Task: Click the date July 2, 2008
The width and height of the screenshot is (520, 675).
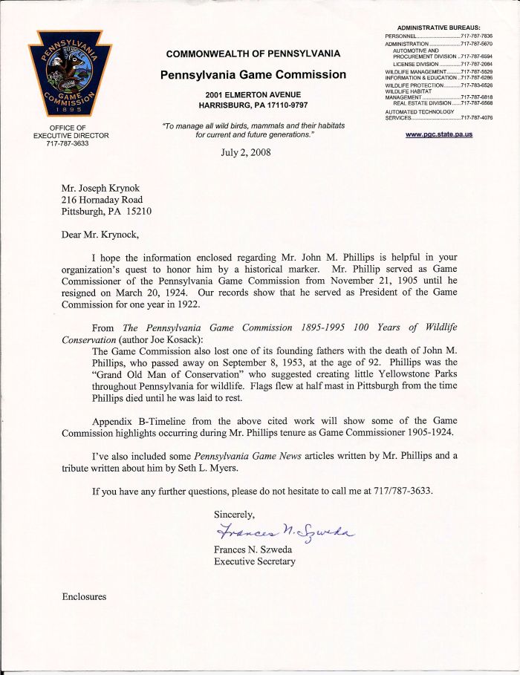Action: point(246,153)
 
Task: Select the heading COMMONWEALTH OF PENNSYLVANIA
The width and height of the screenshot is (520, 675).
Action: point(253,54)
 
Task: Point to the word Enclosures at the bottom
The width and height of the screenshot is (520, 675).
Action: point(84,596)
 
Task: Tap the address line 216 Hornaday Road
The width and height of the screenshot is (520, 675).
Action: point(102,199)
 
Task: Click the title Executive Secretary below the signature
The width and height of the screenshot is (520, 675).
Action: point(254,561)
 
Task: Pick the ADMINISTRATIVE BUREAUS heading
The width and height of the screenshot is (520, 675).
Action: point(439,27)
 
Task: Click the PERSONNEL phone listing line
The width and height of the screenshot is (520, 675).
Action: point(438,36)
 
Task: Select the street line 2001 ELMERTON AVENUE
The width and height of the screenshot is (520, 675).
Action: point(253,94)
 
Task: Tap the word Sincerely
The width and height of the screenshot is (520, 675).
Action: point(234,514)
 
